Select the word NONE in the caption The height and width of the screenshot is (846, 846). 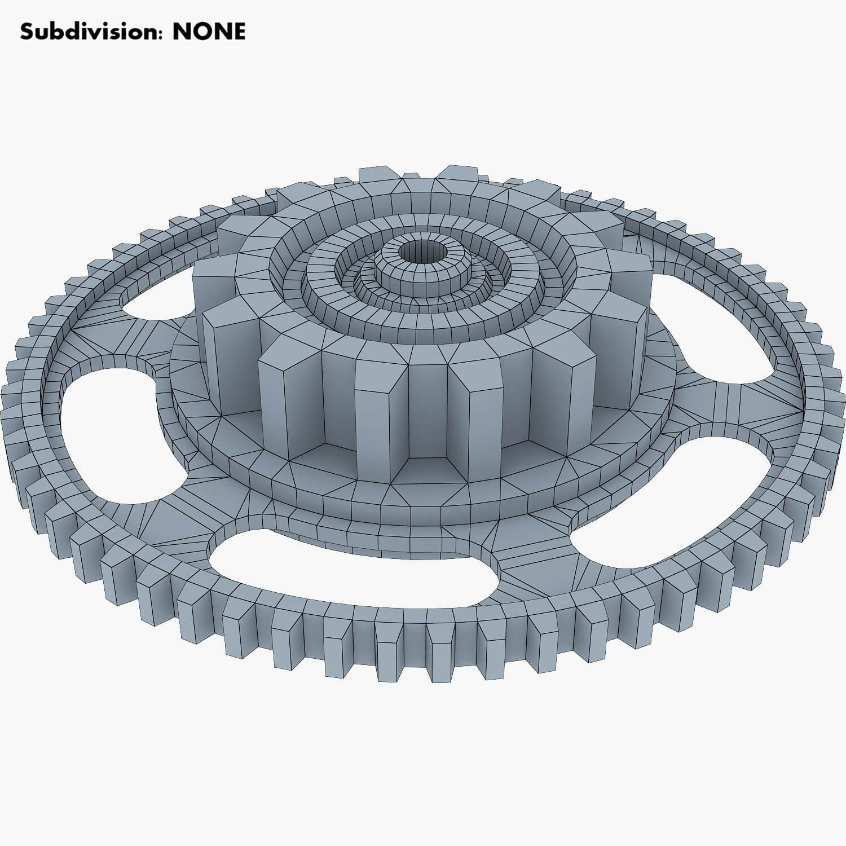pos(209,32)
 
